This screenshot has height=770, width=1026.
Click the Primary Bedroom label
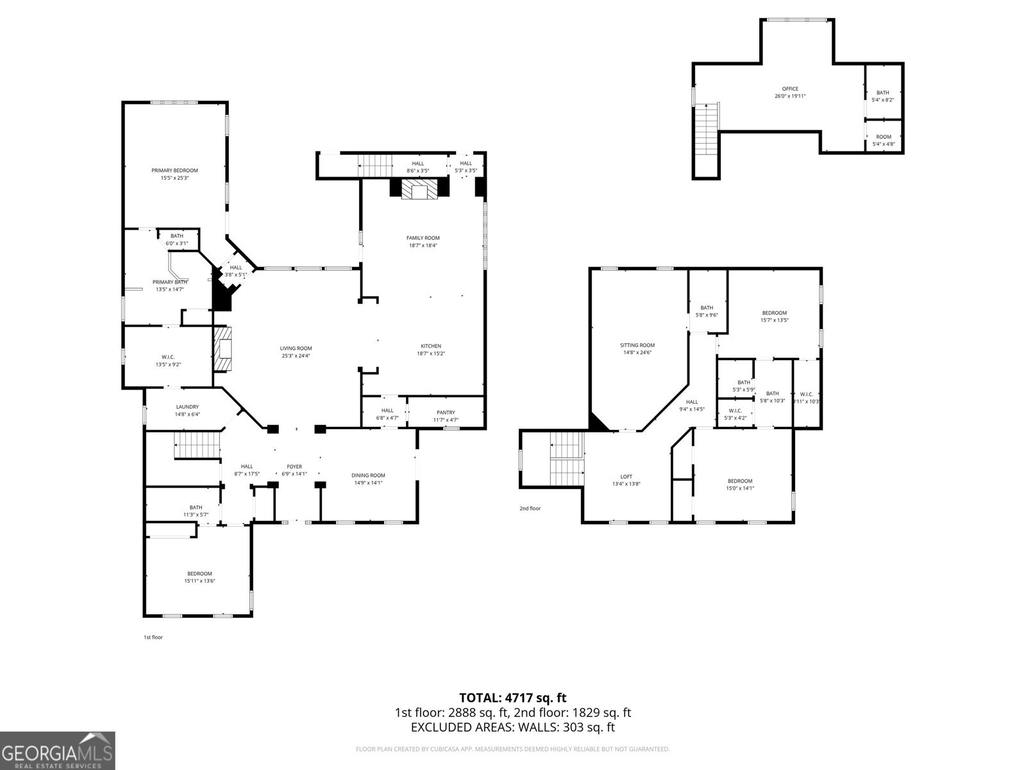[x=174, y=171]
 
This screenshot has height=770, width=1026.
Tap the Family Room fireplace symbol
[x=420, y=189]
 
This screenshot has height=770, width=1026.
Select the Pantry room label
[x=446, y=413]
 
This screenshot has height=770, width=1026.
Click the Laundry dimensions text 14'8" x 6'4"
[x=187, y=415]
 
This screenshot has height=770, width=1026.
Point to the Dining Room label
[x=368, y=475]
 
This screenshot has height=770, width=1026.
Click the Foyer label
[x=294, y=466]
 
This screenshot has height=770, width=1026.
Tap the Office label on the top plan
[x=790, y=89]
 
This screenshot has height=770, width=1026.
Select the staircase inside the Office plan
[x=706, y=128]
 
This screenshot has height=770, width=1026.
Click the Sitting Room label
[x=637, y=345]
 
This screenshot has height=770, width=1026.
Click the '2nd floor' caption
[x=530, y=509]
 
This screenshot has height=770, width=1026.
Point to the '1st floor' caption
[x=153, y=638]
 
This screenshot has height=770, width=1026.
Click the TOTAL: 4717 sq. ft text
[x=512, y=697]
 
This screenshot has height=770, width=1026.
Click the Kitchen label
[x=430, y=346]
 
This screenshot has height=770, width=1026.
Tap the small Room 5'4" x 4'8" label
[x=884, y=137]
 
